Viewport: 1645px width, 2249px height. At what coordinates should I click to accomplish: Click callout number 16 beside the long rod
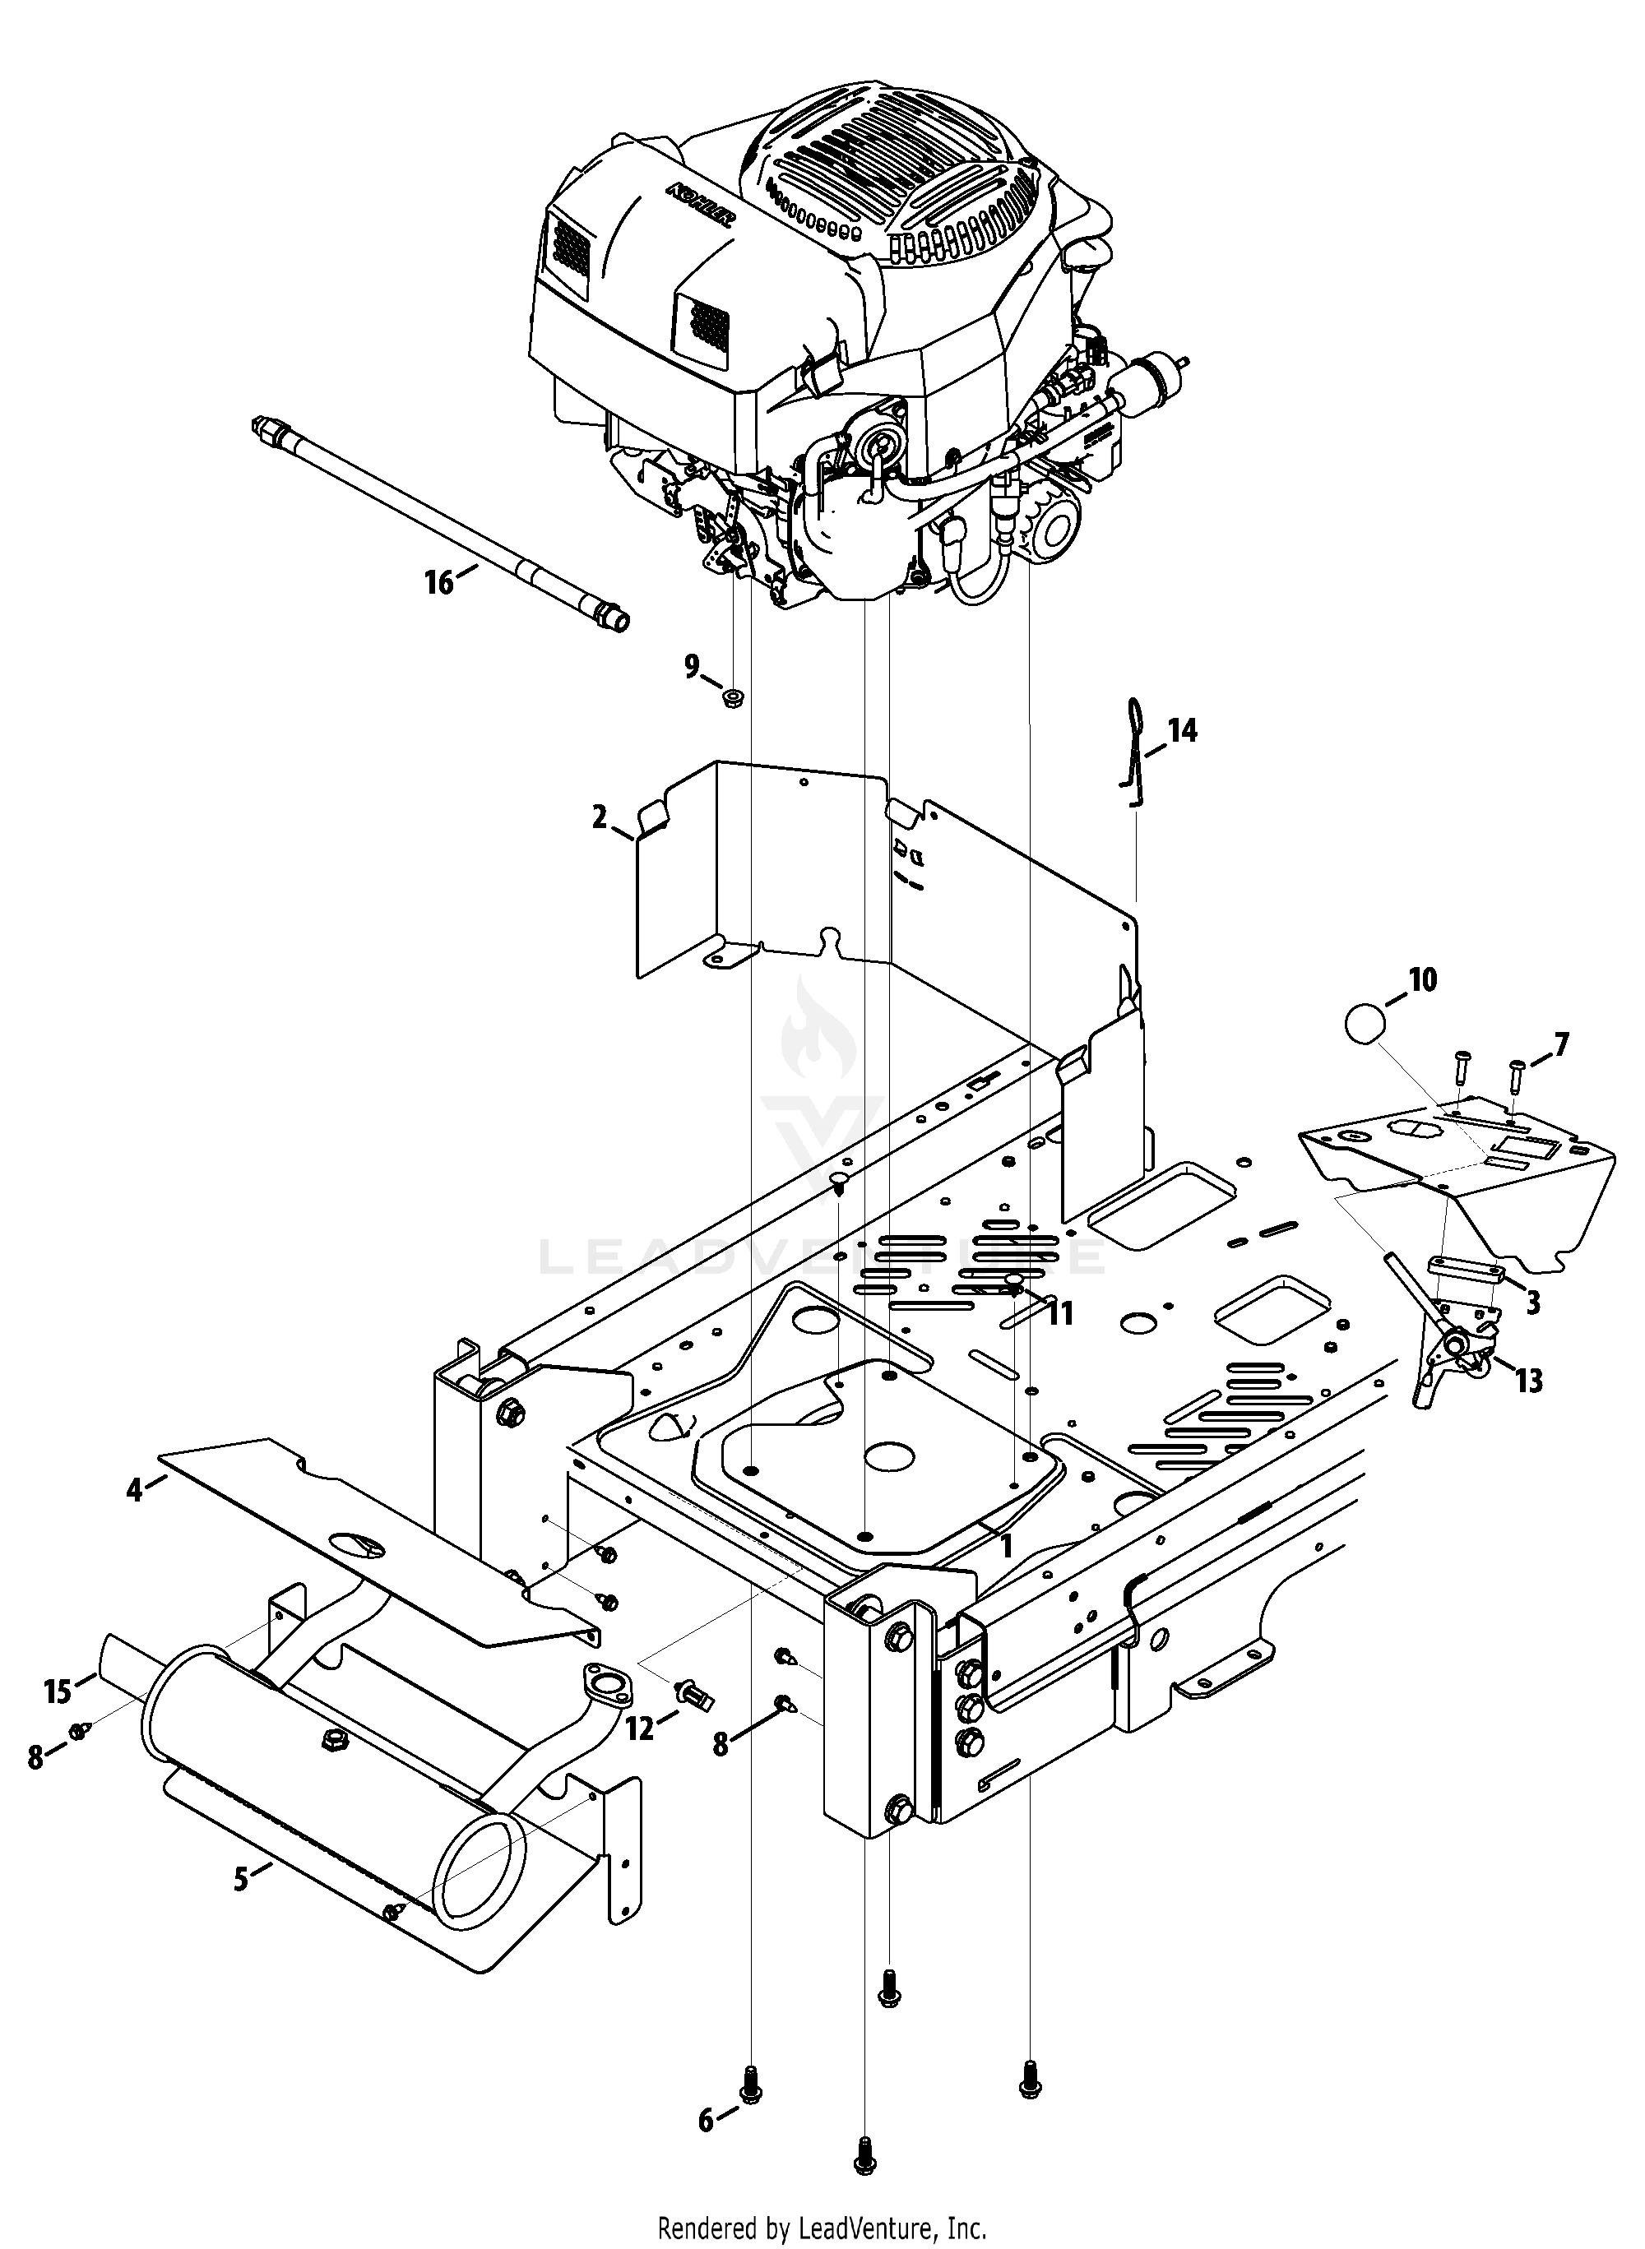439,581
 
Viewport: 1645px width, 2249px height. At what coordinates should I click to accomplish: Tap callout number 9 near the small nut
692,666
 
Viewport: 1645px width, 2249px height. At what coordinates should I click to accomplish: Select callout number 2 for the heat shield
599,818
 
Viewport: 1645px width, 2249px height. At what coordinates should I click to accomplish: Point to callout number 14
1183,731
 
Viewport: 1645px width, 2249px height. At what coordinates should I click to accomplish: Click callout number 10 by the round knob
1424,981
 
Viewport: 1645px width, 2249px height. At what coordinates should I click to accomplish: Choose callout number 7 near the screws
1560,1044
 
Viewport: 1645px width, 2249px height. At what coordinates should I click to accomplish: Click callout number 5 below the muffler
241,1880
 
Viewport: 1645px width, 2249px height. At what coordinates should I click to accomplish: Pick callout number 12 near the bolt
640,1729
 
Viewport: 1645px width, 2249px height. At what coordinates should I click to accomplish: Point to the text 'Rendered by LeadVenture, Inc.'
822,2227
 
